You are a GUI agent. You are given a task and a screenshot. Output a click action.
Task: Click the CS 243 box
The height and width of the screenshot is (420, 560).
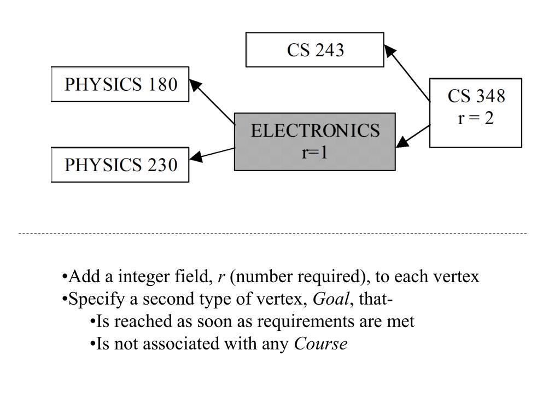(x=315, y=50)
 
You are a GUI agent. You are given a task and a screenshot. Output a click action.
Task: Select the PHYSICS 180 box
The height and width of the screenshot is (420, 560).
(x=120, y=84)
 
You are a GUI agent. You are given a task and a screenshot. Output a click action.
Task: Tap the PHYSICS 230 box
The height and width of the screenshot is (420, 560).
(x=120, y=165)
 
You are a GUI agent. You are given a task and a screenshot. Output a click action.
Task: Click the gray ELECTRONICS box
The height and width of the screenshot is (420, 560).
(x=314, y=142)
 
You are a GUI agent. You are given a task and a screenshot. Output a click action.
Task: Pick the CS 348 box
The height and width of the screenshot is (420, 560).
(x=475, y=113)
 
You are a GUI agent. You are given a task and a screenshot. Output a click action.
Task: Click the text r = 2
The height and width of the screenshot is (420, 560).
(x=475, y=119)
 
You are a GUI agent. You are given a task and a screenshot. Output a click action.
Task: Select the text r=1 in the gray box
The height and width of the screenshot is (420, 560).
(x=314, y=152)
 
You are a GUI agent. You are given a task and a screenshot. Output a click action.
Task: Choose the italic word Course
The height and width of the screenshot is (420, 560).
(x=320, y=345)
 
